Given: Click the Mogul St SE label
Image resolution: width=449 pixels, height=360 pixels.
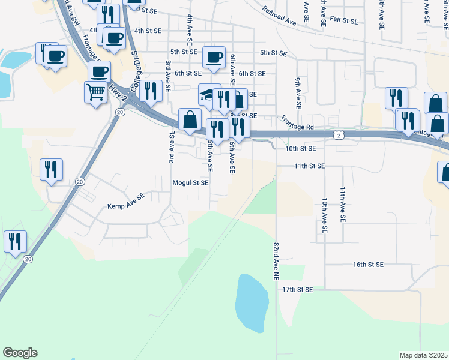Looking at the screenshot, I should (x=190, y=182).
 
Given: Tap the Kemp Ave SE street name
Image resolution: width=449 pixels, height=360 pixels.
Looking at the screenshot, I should (x=126, y=206).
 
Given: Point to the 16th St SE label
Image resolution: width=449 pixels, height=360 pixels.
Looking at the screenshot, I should (x=368, y=264).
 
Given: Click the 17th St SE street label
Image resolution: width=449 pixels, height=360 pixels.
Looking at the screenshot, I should (x=298, y=289).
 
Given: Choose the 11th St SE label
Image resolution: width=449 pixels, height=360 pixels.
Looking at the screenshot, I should (x=309, y=166).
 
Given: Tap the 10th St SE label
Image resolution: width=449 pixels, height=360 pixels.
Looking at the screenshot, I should (x=301, y=148).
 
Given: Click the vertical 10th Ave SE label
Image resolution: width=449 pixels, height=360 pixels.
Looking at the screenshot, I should (x=324, y=215).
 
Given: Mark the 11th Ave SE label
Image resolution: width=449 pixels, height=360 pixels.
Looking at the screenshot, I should (x=343, y=205).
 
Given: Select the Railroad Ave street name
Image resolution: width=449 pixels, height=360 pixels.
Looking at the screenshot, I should (x=280, y=16).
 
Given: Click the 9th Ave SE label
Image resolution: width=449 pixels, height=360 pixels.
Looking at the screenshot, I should (x=297, y=88).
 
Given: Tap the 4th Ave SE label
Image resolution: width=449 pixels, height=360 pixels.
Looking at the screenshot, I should (x=190, y=28).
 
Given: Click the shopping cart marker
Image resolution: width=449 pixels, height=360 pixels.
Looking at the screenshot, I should (x=95, y=92).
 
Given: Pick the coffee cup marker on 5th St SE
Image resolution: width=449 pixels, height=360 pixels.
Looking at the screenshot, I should (x=214, y=58).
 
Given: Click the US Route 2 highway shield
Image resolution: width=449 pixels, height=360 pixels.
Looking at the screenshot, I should (x=340, y=136).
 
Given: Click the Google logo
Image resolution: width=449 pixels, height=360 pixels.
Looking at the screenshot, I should (x=20, y=353).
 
